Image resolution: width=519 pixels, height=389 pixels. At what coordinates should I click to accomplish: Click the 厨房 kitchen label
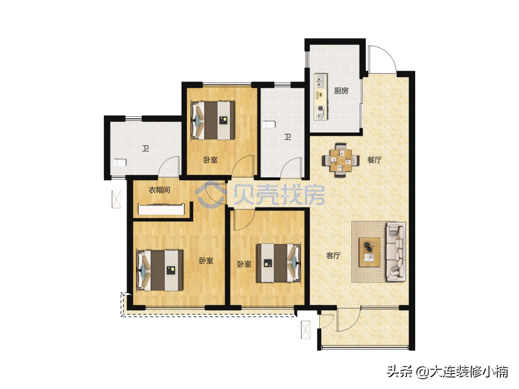[341, 91]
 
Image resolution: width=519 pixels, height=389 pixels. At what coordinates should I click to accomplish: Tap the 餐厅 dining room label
[374, 160]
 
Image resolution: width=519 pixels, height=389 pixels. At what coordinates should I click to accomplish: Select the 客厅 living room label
[333, 256]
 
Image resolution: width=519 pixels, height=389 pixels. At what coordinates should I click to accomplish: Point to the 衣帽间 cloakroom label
[159, 190]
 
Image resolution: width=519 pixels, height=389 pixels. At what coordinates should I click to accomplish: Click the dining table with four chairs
[340, 160]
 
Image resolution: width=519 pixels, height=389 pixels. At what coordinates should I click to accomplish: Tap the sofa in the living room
[395, 252]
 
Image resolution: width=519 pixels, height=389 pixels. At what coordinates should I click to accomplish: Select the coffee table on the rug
[370, 252]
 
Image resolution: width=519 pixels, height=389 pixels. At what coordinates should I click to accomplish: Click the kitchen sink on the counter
[320, 82]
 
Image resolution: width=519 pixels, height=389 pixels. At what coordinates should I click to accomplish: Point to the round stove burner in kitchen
[320, 108]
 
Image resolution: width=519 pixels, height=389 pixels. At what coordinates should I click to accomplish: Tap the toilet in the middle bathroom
[269, 124]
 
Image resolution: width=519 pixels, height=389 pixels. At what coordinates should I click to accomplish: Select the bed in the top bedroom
[213, 120]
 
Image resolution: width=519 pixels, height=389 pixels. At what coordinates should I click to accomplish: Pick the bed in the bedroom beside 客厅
[279, 263]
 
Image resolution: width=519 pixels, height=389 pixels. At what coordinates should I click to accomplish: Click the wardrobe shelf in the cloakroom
[162, 210]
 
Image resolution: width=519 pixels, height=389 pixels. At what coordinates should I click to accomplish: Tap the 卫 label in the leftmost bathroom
[146, 148]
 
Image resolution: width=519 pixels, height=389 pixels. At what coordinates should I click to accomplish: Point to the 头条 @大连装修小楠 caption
[447, 371]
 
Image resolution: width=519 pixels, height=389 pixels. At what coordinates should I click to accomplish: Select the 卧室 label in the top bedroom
[211, 160]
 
